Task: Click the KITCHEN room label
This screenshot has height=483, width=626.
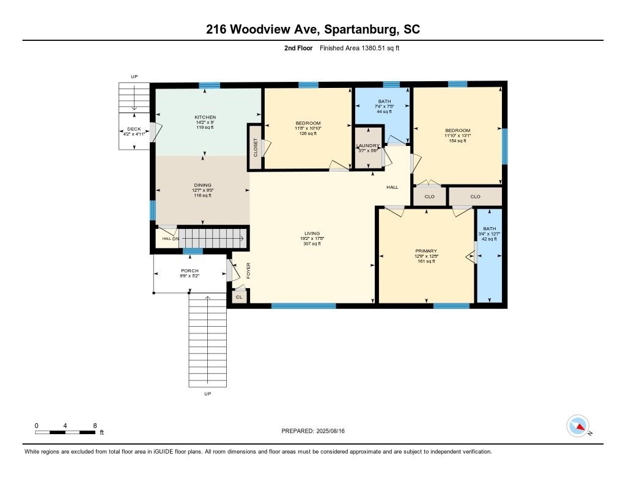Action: coord(205,117)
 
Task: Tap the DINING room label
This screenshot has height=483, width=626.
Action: coord(202,185)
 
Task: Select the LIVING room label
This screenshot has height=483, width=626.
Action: coord(312,233)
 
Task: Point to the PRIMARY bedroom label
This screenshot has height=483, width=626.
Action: coord(426,251)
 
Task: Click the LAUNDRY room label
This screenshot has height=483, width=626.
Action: coord(367,145)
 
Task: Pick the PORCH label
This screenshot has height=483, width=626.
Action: coord(190,271)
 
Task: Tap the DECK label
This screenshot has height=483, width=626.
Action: coord(134,129)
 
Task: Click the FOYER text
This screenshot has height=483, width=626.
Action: coord(248,271)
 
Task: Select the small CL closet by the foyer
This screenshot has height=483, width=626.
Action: coord(239,297)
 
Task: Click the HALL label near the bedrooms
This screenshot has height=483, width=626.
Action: coord(392,187)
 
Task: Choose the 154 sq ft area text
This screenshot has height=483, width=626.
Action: coord(457,141)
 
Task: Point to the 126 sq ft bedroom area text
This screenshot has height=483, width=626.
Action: coord(308,134)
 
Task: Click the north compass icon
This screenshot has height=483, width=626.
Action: coord(578,426)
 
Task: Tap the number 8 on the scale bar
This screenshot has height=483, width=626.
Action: coord(95,426)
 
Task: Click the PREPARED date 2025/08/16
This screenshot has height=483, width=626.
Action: coord(331,430)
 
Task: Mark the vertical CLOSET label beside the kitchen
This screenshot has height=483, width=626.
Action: coord(256,147)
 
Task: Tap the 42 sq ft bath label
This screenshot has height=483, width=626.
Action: coord(490,239)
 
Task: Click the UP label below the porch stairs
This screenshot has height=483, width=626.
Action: coord(208,394)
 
